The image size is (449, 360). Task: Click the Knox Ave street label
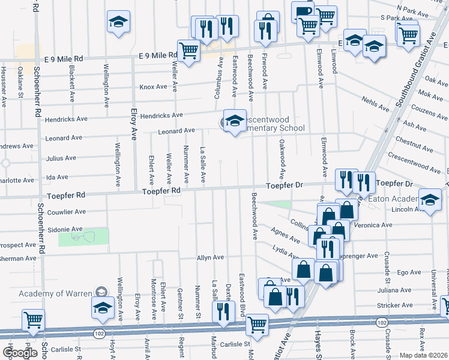pyautogui.click(x=153, y=87)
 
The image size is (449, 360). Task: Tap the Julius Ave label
pyautogui.click(x=62, y=158)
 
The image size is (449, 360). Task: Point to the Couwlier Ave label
pyautogui.click(x=67, y=212)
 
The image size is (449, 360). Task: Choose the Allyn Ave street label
pyautogui.click(x=210, y=257)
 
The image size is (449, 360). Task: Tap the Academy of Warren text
pyautogui.click(x=55, y=293)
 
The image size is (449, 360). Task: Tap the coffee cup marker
pyautogui.click(x=302, y=12)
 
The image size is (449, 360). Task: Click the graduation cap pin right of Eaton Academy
pyautogui.click(x=430, y=201)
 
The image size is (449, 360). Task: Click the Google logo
pyautogui.click(x=19, y=353)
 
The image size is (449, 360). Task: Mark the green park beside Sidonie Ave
pyautogui.click(x=83, y=237)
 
